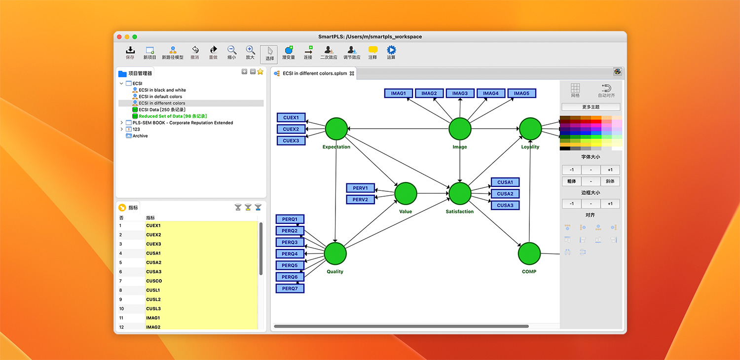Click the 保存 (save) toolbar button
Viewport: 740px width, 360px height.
pos(130,52)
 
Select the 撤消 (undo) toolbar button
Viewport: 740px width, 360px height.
pos(195,52)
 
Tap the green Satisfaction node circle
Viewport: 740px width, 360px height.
pos(460,193)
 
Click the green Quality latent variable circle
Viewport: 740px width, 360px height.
pos(335,253)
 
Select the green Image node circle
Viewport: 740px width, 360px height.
pos(460,129)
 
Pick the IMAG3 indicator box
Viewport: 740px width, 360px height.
pos(460,93)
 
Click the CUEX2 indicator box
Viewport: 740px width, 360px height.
pos(291,129)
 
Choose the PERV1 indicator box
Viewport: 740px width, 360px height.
pos(360,188)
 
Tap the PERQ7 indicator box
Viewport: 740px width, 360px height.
pos(290,288)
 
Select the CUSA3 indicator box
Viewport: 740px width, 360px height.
pos(505,205)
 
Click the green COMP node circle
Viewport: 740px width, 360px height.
pos(529,253)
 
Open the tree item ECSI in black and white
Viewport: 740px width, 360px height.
pos(162,90)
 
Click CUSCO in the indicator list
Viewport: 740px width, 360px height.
pos(154,281)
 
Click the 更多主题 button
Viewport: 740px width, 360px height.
pos(591,107)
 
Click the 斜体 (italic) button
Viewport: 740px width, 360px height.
pos(610,181)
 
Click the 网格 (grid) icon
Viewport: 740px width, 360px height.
pos(575,90)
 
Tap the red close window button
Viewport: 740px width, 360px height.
pos(119,37)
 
